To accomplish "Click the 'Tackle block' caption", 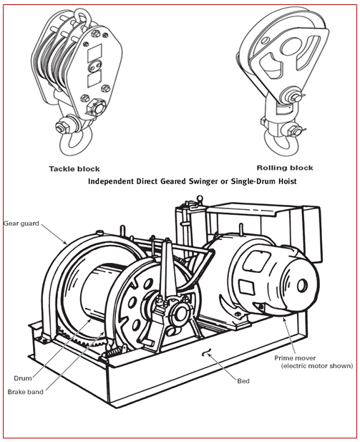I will tap(74, 169).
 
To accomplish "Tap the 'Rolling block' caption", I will tap(284, 168).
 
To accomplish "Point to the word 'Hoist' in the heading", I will tap(284, 182).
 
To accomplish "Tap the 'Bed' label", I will tap(243, 380).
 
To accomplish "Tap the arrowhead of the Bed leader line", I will tap(205, 350).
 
